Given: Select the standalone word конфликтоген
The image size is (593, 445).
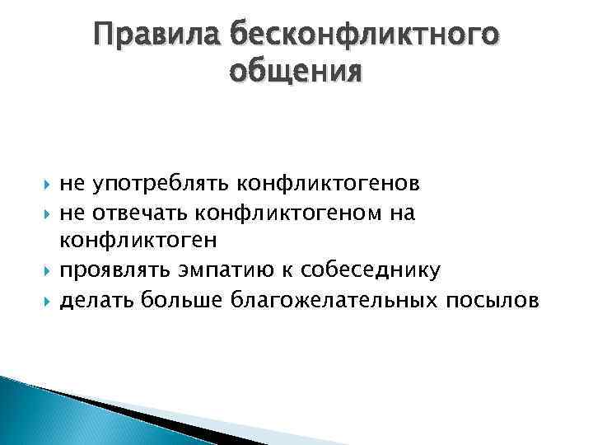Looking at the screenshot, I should [135, 241].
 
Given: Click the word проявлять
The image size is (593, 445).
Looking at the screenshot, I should [112, 269].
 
